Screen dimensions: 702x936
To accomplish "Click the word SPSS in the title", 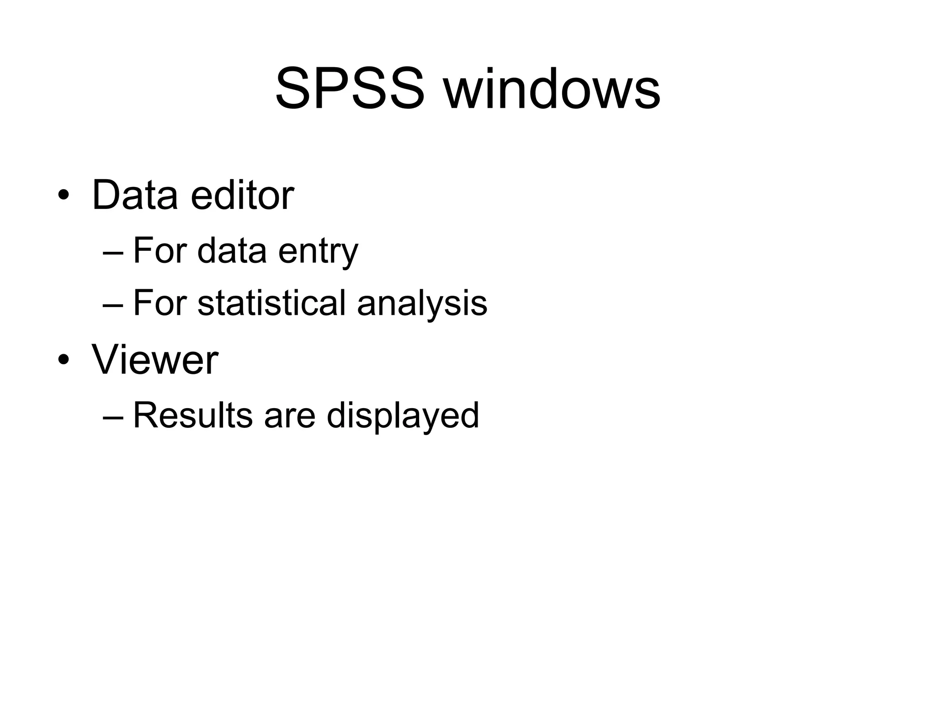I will point(350,89).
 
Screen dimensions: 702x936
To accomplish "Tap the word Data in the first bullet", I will point(135,196).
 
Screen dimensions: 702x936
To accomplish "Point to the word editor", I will point(242,196).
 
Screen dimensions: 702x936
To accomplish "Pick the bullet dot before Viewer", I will point(64,360).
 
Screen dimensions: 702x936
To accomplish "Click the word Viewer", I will point(155,360).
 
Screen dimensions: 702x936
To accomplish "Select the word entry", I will point(318,251).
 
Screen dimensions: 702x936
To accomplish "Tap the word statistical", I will point(271,303).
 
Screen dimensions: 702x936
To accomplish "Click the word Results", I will point(192,415).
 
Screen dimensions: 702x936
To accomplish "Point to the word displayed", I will point(403,415).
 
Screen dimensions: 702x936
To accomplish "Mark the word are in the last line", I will point(290,415).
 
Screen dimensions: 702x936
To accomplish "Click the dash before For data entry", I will point(113,252).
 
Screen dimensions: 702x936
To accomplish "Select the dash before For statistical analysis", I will point(113,304).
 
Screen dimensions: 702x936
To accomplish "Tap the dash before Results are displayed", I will point(113,416).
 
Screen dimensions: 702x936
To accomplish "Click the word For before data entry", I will point(160,251).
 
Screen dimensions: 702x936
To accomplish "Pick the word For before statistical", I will point(160,303).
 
